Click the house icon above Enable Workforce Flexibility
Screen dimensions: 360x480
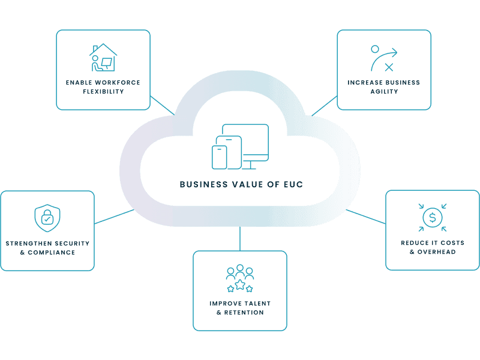pyautogui.click(x=103, y=58)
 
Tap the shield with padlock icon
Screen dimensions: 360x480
pyautogui.click(x=47, y=218)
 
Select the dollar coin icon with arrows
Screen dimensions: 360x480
pyautogui.click(x=432, y=218)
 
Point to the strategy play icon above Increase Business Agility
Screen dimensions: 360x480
pyautogui.click(x=383, y=58)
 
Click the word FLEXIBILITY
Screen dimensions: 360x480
pyautogui.click(x=103, y=92)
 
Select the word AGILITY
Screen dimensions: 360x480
pyautogui.click(x=384, y=92)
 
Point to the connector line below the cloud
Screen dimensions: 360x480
pyautogui.click(x=240, y=239)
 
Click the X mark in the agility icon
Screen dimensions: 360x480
pyautogui.click(x=389, y=67)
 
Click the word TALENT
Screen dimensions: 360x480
pyautogui.click(x=256, y=304)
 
